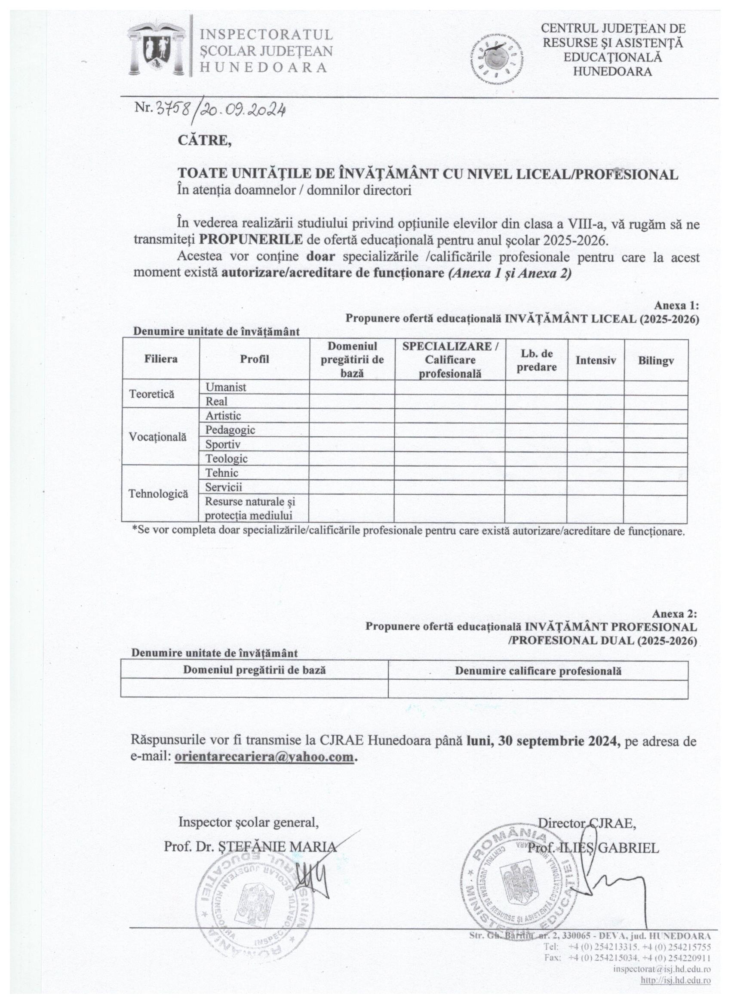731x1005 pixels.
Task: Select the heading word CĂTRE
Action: [x=204, y=141]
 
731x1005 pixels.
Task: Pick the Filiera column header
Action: [x=160, y=359]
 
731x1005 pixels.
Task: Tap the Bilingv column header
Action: [x=656, y=360]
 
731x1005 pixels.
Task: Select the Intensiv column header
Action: [x=596, y=360]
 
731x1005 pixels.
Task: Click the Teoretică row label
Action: [x=152, y=394]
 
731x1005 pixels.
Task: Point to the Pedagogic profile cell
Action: [x=230, y=430]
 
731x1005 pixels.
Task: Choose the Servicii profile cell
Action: [x=224, y=487]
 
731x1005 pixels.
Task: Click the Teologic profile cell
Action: [x=227, y=459]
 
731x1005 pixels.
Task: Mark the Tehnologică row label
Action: [x=158, y=493]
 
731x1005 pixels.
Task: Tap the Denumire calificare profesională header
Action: [x=538, y=671]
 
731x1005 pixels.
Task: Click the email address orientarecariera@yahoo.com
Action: [x=264, y=757]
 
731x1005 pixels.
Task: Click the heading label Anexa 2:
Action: [x=674, y=614]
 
